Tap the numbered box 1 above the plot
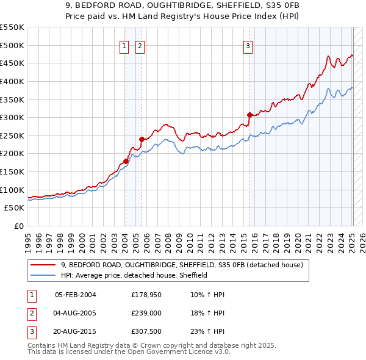tap(124, 46)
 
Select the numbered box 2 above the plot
tap(140, 46)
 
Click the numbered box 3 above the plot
tap(248, 46)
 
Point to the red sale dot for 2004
tap(126, 161)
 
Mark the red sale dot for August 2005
tap(142, 139)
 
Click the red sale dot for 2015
tap(249, 115)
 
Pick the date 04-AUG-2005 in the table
tap(75, 313)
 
